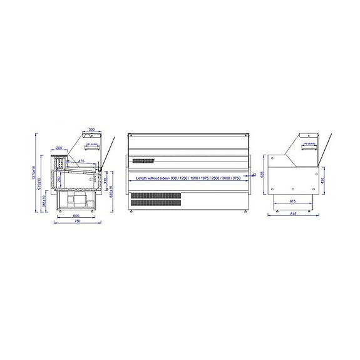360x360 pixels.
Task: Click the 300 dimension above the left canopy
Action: pos(91,130)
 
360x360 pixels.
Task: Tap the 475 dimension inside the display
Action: pos(81,161)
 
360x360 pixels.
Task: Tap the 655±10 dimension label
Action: pos(111,192)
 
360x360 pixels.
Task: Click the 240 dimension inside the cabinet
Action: pos(59,180)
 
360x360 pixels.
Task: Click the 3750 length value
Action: pos(235,178)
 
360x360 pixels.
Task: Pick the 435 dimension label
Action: pos(323,180)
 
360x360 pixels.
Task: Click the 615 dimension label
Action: pos(292,202)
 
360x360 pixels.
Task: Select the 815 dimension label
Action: pos(293,214)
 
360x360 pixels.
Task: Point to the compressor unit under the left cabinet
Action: pos(76,199)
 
